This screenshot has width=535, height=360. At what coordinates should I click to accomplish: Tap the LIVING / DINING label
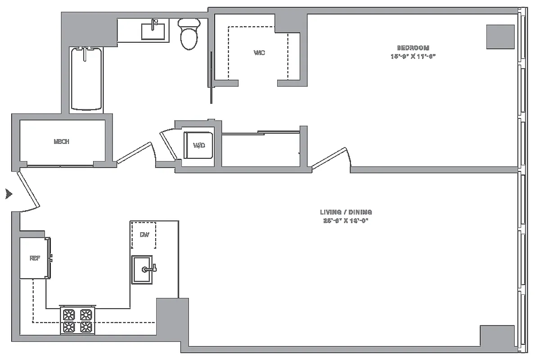pos(346,212)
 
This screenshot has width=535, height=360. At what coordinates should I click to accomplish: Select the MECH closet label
pos(62,141)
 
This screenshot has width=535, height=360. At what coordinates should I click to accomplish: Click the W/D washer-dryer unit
pos(198,145)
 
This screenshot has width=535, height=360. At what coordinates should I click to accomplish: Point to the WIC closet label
pos(259,53)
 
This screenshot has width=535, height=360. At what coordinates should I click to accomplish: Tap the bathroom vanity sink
pos(153,31)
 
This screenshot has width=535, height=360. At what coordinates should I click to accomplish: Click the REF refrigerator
pos(34,258)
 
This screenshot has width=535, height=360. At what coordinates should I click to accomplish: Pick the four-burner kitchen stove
pos(77,320)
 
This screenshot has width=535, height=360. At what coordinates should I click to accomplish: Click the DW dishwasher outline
pos(144,235)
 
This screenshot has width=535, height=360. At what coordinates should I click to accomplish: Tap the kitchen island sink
pos(143,269)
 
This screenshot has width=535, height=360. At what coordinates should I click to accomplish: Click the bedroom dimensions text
pos(414,56)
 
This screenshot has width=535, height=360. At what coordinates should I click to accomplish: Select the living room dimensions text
pos(346,220)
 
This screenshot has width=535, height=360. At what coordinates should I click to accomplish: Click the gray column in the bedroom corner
pos(500,36)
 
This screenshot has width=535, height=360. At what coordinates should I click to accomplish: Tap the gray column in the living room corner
pos(497,336)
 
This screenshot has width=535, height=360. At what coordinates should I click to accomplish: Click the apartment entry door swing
pos(28,191)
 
